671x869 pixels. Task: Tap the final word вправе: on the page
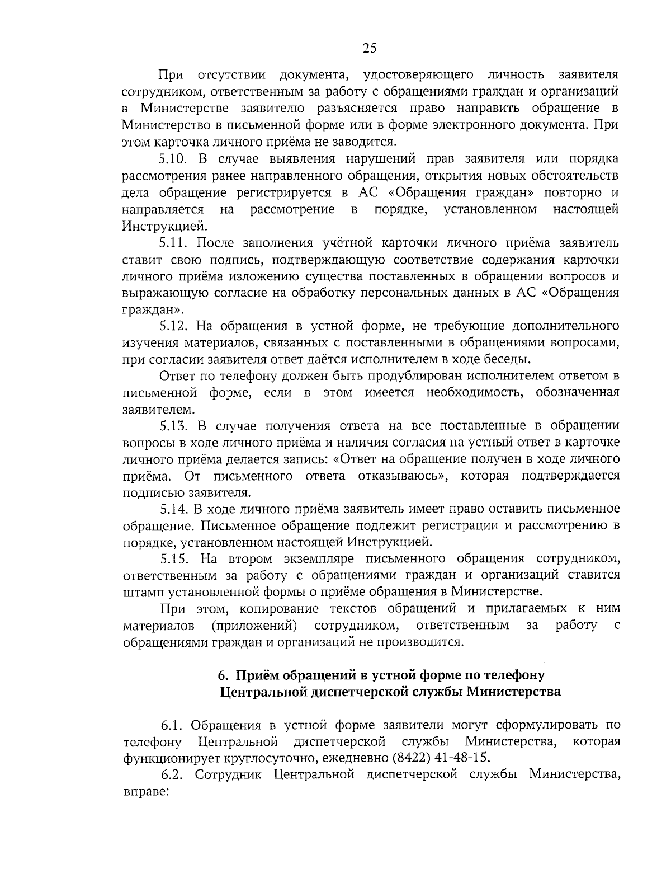click(x=145, y=792)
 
